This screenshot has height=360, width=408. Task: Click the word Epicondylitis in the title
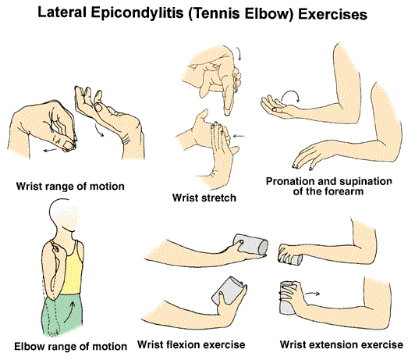point(137,13)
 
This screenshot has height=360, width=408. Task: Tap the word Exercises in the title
point(332,14)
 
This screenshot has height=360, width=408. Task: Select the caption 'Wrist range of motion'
point(70,187)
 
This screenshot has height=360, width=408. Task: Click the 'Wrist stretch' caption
point(204,198)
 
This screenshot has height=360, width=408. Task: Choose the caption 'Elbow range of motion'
point(70,347)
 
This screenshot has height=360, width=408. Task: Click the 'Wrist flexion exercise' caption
point(191,344)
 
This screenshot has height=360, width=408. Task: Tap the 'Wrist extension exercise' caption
point(342,344)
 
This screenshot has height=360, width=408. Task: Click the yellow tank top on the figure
point(72,273)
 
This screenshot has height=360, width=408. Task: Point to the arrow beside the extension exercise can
point(312,294)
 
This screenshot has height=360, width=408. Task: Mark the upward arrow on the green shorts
point(69,312)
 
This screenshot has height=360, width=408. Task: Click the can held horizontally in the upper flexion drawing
point(250,244)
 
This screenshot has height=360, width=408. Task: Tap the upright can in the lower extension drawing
point(288,298)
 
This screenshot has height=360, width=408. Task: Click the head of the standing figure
point(63,215)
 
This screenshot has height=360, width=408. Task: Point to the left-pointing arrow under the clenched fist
point(50,150)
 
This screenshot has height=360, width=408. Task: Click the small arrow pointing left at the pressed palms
point(239,136)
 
